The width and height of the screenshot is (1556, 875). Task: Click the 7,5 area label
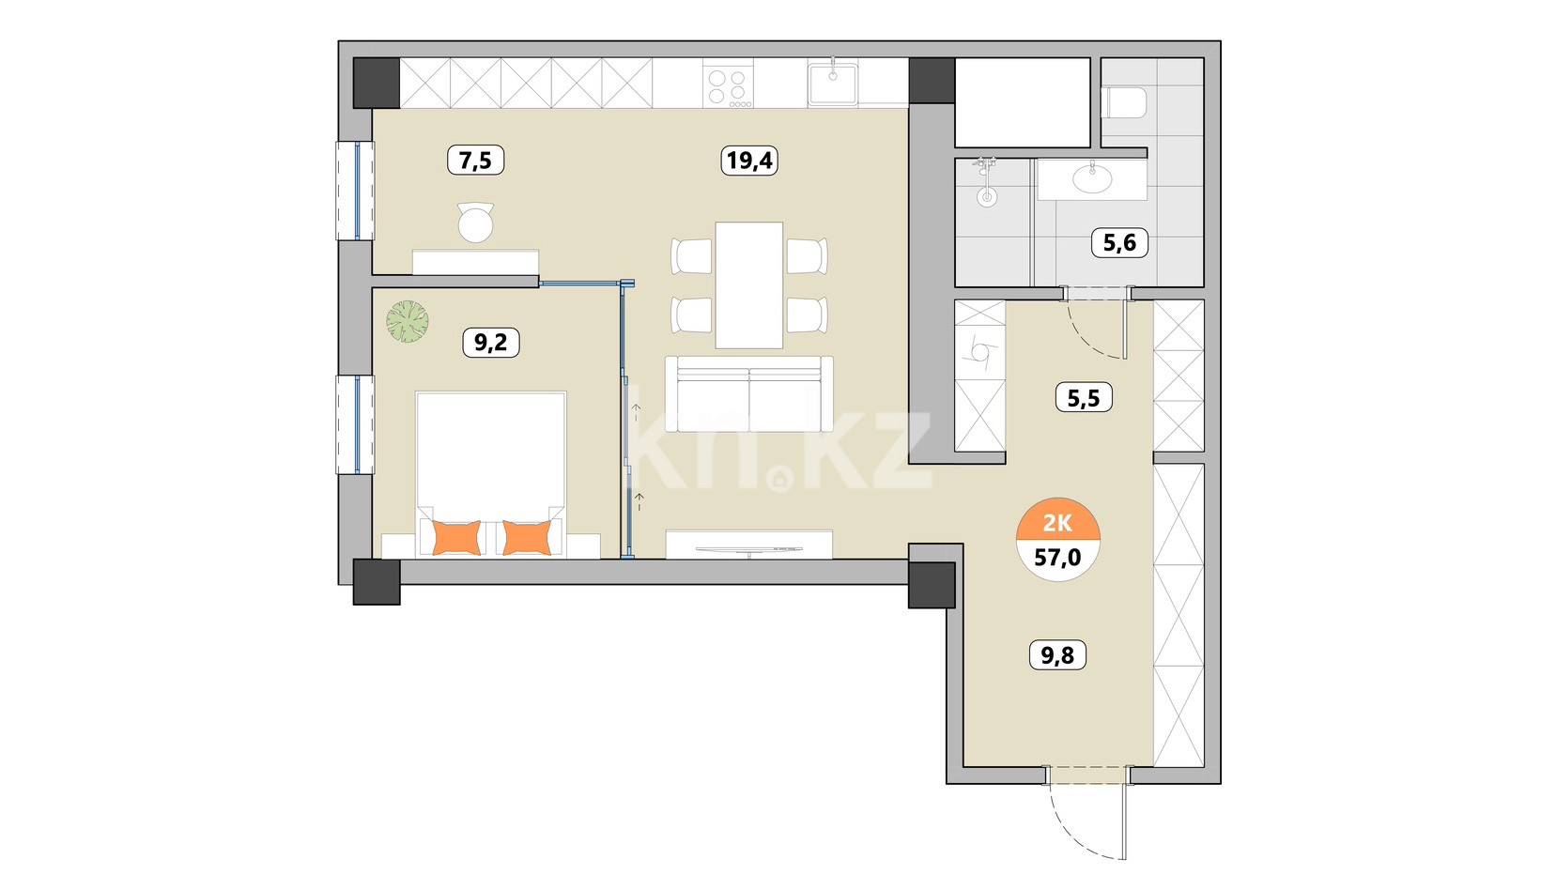coord(476,161)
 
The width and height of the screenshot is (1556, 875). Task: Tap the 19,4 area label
coord(748,161)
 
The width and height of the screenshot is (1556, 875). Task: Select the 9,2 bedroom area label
coord(491,343)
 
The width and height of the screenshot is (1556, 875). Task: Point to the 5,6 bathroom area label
coord(1119,242)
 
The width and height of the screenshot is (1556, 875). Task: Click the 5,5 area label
coord(1084,398)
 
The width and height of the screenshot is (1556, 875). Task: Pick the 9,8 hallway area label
coord(1057,655)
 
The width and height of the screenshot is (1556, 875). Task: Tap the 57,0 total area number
coord(1058,557)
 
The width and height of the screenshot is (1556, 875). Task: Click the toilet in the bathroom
coord(1124,102)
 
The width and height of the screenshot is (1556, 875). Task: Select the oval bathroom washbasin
coord(1092,179)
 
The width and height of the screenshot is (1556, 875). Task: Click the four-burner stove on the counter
coord(728,83)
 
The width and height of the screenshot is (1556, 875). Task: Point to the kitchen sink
coord(832,83)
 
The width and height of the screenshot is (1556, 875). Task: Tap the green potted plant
coord(407,321)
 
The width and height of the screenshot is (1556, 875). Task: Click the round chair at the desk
coord(476,223)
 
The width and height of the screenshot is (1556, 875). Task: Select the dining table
coord(748,284)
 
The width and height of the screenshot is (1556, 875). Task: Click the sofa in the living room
coord(748,393)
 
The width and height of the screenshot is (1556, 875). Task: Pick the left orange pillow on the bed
coord(456,538)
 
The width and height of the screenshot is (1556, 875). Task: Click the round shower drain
coord(986,197)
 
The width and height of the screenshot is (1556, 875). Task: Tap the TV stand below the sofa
coord(748,544)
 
